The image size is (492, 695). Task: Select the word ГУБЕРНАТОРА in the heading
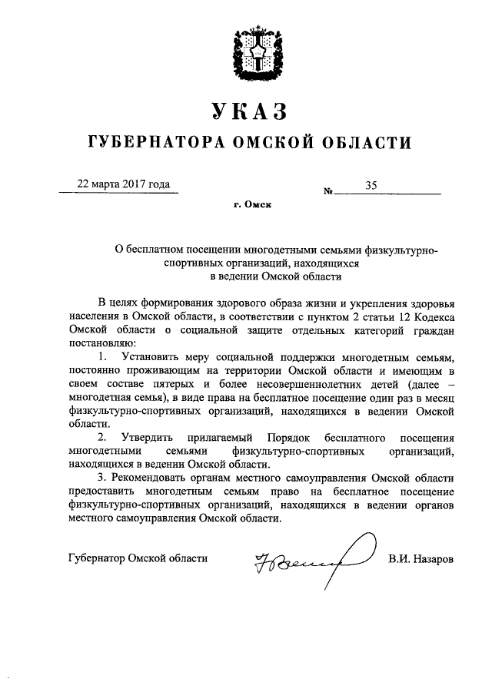click(x=151, y=143)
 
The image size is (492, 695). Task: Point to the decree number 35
click(x=372, y=184)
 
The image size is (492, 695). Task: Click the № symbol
click(x=328, y=189)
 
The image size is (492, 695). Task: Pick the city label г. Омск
click(x=252, y=204)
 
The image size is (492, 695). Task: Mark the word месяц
click(x=439, y=398)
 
